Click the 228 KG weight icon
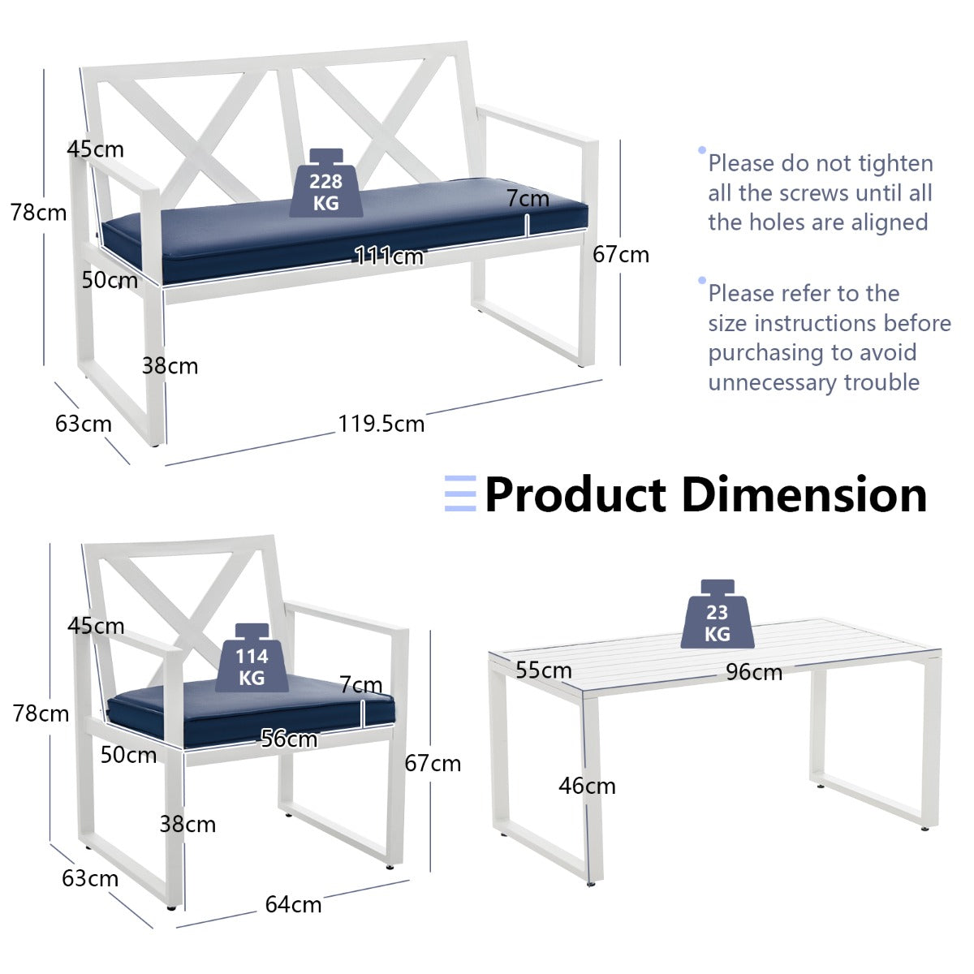[x=326, y=183]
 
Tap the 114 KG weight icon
[x=252, y=657]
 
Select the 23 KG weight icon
[x=718, y=614]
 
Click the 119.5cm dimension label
[x=381, y=424]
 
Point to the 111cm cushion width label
[x=389, y=256]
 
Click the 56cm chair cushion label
[x=289, y=739]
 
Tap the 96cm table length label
[x=753, y=672]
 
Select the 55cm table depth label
[x=543, y=670]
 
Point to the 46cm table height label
[x=587, y=786]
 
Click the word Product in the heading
[x=575, y=494]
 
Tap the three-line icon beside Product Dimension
[x=460, y=493]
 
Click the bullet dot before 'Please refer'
[x=701, y=280]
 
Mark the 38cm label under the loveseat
[x=170, y=365]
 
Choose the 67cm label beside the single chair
[x=433, y=763]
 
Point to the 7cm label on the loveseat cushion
[x=528, y=198]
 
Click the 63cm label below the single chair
[x=90, y=878]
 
